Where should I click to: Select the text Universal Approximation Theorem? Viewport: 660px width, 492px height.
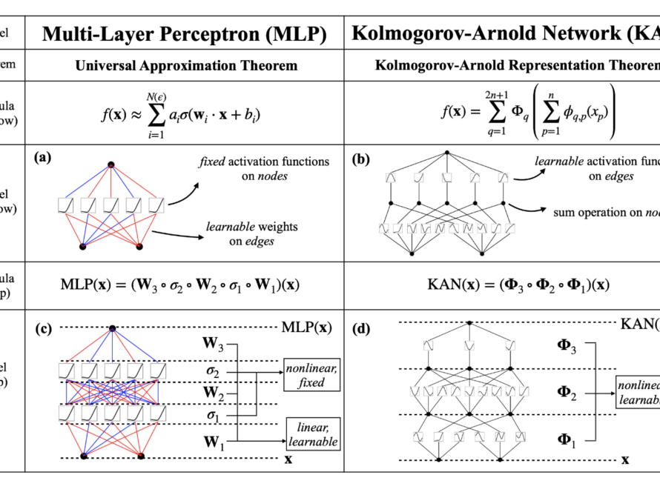[x=186, y=66]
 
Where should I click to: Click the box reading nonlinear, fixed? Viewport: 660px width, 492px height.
[x=311, y=376]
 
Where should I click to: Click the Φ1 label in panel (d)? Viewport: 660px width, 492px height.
[x=567, y=439]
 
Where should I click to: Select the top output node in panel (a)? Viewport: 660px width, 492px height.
[x=111, y=164]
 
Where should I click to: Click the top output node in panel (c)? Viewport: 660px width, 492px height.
[x=112, y=328]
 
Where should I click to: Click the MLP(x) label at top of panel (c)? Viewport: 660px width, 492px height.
[x=308, y=327]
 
